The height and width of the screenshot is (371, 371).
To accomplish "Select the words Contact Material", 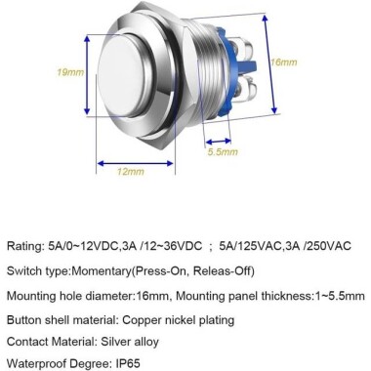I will [x=50, y=342].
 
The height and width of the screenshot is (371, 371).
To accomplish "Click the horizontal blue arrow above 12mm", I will [x=133, y=158].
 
